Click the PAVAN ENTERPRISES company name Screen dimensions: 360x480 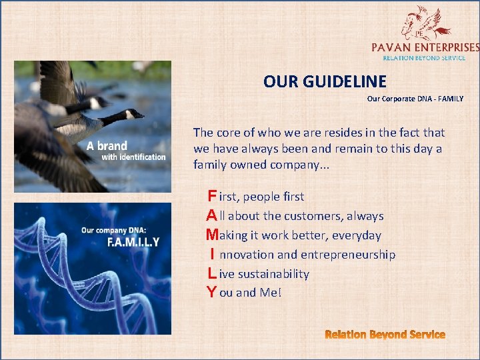pos(425,47)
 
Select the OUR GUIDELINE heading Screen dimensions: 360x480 pos(325,82)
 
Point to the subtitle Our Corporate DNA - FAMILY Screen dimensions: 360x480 pos(415,99)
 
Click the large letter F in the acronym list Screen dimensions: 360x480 pos(211,196)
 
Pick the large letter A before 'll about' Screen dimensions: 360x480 pos(211,215)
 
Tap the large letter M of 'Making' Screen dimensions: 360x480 pos(212,235)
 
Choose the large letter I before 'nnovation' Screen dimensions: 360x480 pos(212,254)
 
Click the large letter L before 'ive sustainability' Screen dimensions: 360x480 pos(211,273)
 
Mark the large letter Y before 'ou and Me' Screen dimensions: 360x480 pos(211,292)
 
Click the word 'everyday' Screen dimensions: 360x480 pos(357,235)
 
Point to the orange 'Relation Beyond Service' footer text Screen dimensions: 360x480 pos(385,334)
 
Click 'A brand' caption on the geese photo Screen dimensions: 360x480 pos(107,145)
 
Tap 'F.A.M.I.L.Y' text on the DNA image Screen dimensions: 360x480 pos(133,242)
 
